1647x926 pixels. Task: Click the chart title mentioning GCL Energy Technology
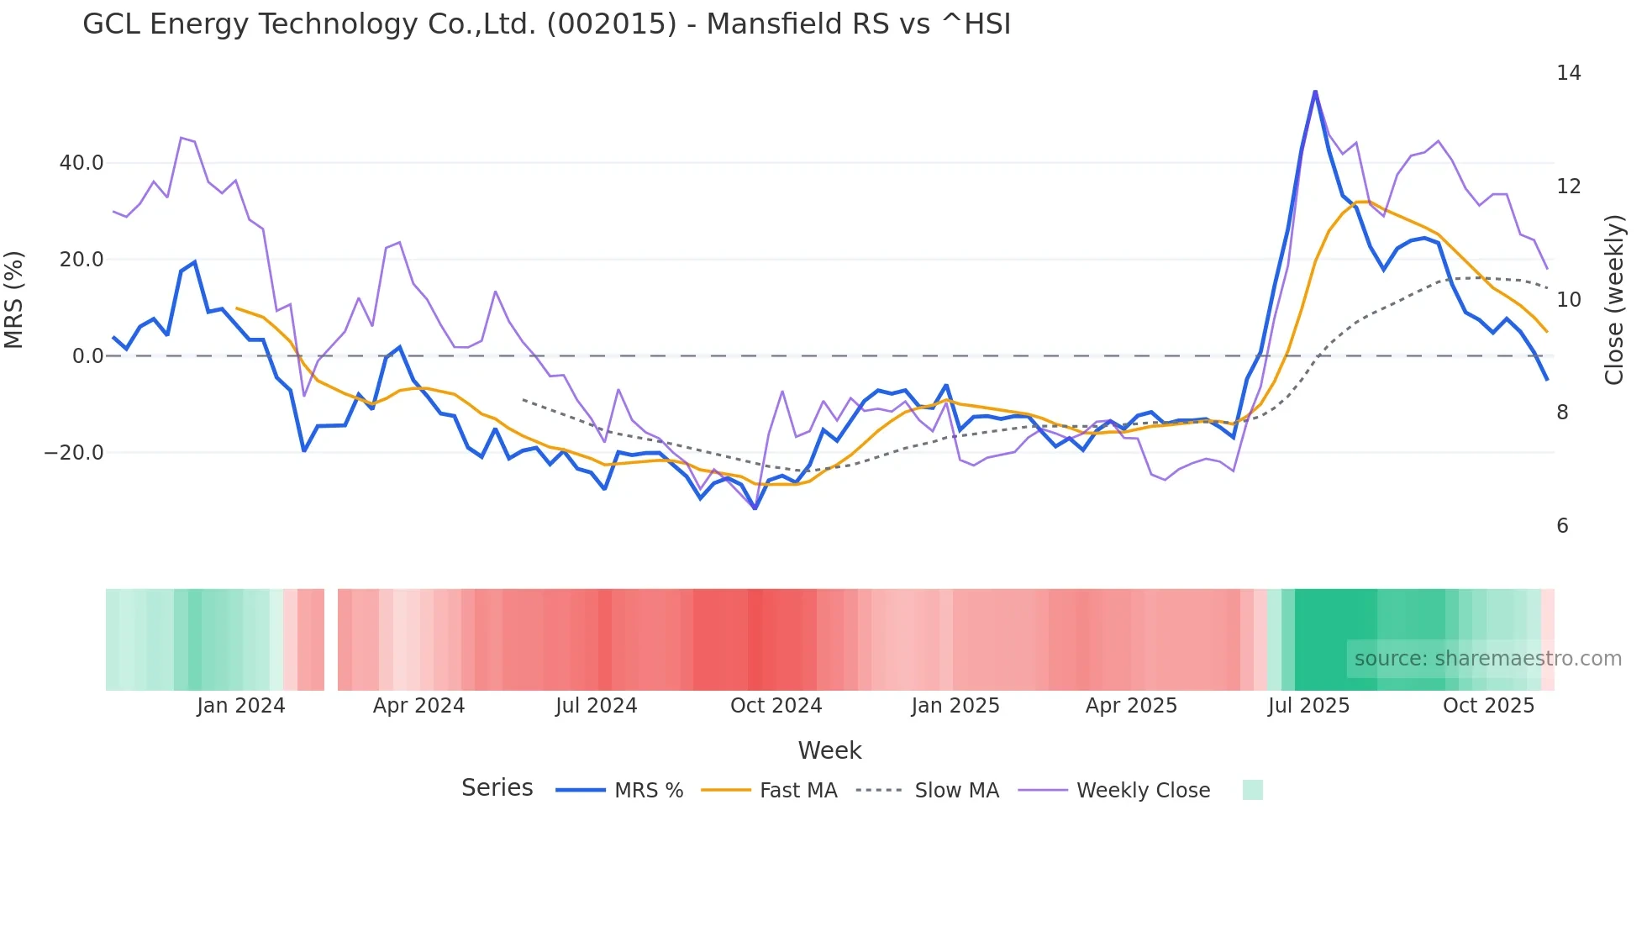coord(546,24)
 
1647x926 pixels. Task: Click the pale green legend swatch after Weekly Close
coord(1252,790)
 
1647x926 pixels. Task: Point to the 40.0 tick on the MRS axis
coord(82,163)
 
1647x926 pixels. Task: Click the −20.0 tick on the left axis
coord(74,453)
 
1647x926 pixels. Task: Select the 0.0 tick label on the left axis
coord(88,356)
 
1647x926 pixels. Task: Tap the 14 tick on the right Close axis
coord(1568,73)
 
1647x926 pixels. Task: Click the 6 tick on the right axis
coord(1562,526)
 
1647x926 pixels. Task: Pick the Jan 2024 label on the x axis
coord(241,706)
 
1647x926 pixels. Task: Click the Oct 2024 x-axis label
coord(776,706)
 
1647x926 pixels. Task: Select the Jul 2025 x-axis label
coord(1308,706)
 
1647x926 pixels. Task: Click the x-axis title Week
coord(829,750)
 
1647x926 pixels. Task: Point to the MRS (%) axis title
coord(14,300)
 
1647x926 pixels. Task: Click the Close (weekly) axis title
coord(1614,300)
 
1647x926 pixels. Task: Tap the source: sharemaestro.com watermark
coord(1487,659)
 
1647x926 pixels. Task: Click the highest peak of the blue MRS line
coord(1315,92)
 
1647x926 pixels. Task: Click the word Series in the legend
coord(497,788)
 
